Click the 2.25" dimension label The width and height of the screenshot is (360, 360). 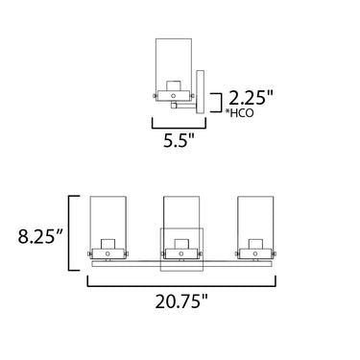click(x=252, y=98)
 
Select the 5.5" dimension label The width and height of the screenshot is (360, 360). click(x=179, y=140)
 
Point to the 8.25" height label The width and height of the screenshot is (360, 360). click(x=40, y=236)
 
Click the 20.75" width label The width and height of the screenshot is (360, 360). click(x=181, y=301)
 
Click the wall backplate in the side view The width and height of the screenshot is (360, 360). click(x=201, y=92)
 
